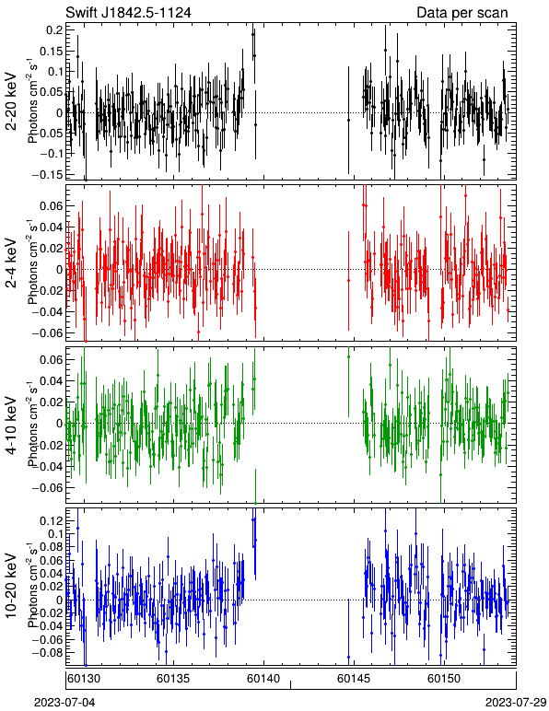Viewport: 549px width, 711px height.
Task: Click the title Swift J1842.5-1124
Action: [x=128, y=12]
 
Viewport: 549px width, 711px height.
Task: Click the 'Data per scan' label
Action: [x=462, y=13]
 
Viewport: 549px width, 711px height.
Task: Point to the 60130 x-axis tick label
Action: [x=85, y=679]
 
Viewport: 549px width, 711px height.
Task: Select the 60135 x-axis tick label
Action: [x=173, y=679]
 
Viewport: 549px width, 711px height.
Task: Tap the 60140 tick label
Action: [x=263, y=679]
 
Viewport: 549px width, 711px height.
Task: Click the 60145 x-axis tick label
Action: [x=354, y=679]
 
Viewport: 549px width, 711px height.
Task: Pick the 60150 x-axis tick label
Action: [x=444, y=679]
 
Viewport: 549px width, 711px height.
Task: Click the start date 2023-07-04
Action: [x=64, y=703]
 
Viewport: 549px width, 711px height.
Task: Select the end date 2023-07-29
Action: [x=516, y=703]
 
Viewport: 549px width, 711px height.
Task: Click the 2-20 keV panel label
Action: [x=11, y=101]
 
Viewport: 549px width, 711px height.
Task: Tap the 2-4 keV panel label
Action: [x=11, y=262]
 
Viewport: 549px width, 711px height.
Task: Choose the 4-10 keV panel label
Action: [x=11, y=425]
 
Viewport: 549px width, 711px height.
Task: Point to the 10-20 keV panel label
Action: [x=11, y=586]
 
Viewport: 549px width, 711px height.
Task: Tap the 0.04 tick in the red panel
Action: [x=51, y=227]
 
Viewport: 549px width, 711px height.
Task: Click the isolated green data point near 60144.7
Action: [x=348, y=356]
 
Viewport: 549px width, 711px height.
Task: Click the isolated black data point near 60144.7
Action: [x=348, y=120]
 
